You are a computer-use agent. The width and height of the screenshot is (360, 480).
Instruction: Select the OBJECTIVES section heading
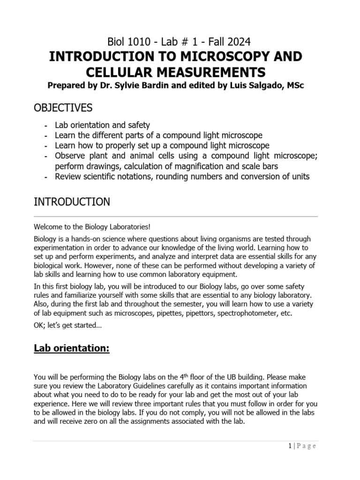pos(63,108)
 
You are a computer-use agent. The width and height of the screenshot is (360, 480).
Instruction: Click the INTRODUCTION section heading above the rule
pos(72,202)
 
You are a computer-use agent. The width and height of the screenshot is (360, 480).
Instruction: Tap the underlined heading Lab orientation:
pos(71,349)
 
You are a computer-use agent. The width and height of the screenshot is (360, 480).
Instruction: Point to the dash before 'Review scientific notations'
pos(45,177)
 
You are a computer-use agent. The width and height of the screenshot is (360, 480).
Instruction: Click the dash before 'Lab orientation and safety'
pos(45,126)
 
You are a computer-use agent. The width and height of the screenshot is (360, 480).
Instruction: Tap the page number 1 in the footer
pos(290,446)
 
